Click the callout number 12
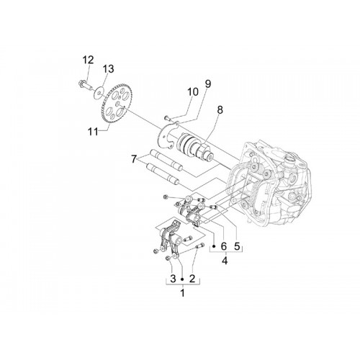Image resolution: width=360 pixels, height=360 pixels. coord(88,60)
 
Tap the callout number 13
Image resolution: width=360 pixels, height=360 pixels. coord(108,69)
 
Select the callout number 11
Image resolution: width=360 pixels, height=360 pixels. coord(93,132)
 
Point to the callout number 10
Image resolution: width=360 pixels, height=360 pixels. coord(193,92)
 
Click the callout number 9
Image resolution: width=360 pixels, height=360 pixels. coord(208,84)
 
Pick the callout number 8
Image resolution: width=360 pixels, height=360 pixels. coord(220,110)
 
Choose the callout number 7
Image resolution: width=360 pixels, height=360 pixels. coord(134,159)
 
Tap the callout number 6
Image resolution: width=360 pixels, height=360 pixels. coord(224,246)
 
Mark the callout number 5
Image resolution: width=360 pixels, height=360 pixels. coord(237,246)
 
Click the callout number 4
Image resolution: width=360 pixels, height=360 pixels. coord(225,261)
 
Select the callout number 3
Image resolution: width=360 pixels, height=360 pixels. coord(173,279)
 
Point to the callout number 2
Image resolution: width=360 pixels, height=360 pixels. coord(192,279)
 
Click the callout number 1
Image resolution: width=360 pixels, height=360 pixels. coord(183,293)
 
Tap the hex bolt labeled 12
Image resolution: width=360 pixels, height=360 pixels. coord(85,86)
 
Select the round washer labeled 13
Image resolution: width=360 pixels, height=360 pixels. coord(99,93)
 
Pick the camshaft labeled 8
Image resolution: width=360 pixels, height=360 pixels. coord(194,147)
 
